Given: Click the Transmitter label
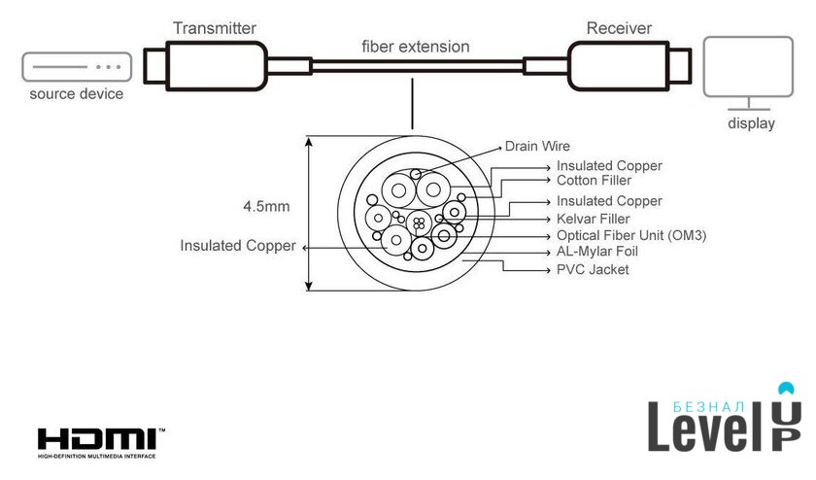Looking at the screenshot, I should [214, 27].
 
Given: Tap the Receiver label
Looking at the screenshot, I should [620, 27].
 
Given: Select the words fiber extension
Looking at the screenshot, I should [415, 47].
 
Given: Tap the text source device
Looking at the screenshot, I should [76, 94].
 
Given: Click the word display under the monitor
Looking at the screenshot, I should [751, 123].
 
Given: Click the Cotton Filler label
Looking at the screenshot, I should [594, 180].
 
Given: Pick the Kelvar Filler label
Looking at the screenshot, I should [594, 218].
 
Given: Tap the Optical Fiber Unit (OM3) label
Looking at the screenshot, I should [631, 235].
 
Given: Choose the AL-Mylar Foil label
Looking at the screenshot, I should [597, 252].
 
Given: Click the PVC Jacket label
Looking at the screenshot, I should [593, 269].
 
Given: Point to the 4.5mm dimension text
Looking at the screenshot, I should [266, 206].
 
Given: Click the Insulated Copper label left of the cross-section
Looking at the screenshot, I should [237, 246].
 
